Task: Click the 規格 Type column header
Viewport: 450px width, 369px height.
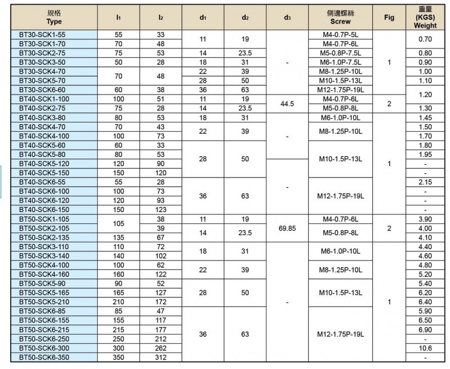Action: (x=55, y=17)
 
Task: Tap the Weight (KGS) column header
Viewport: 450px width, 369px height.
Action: (x=425, y=17)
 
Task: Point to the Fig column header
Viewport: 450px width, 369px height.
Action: (x=389, y=17)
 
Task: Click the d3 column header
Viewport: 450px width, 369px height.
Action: (x=287, y=17)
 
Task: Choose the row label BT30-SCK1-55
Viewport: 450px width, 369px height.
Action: (x=42, y=34)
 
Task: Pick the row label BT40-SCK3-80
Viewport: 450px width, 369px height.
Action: (x=42, y=117)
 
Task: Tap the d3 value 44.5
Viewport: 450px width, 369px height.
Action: (x=287, y=103)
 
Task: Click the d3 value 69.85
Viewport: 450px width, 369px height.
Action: (x=287, y=228)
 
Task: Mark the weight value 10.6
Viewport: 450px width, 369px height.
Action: (x=425, y=348)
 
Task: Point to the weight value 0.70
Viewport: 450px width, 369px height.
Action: (x=425, y=39)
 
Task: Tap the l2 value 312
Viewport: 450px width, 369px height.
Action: (x=160, y=357)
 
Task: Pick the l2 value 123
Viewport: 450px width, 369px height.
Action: (x=160, y=209)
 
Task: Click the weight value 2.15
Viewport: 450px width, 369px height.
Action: (x=425, y=182)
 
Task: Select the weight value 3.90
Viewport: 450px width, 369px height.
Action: (x=425, y=219)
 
